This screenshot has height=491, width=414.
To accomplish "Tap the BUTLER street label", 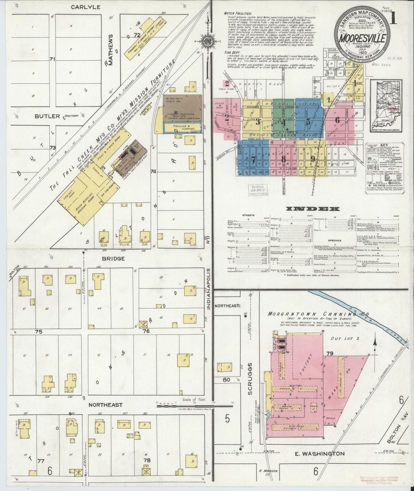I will [47, 116].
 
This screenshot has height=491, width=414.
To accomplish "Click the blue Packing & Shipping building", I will [182, 128].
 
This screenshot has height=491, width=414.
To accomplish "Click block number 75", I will [39, 332].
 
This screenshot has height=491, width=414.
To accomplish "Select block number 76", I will [146, 331].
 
